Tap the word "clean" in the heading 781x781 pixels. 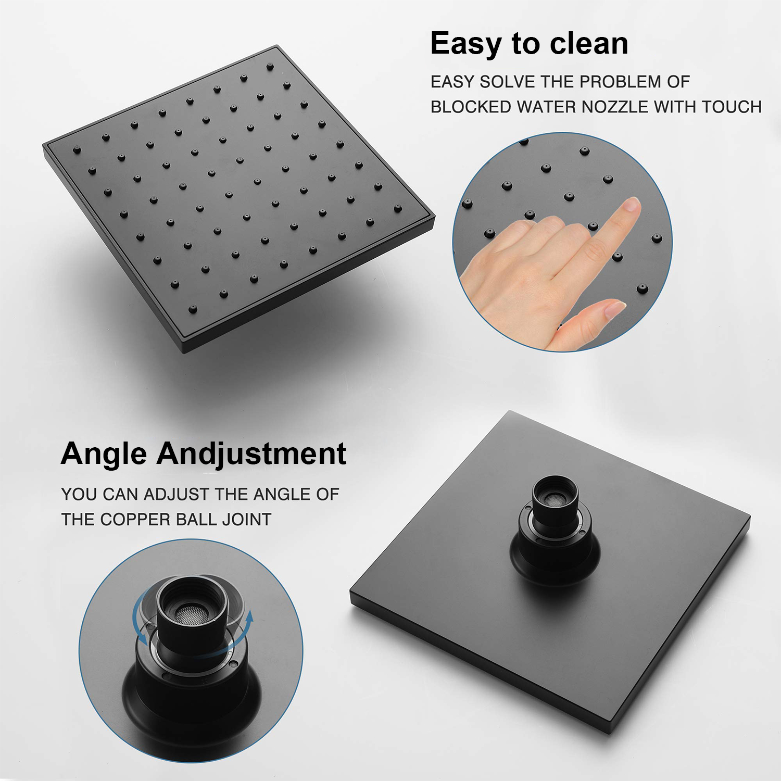point(589,43)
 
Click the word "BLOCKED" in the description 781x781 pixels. point(471,107)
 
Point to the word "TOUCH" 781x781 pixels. point(732,107)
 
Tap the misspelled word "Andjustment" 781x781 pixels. point(251,454)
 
